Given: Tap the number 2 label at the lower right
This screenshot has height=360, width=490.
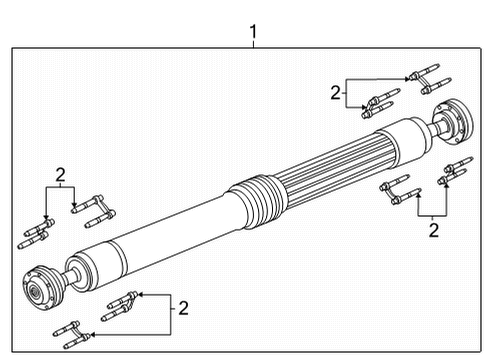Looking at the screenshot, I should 434,230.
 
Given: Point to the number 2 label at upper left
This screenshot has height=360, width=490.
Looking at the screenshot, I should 61,177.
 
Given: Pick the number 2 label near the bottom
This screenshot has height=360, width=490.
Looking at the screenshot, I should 182,307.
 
